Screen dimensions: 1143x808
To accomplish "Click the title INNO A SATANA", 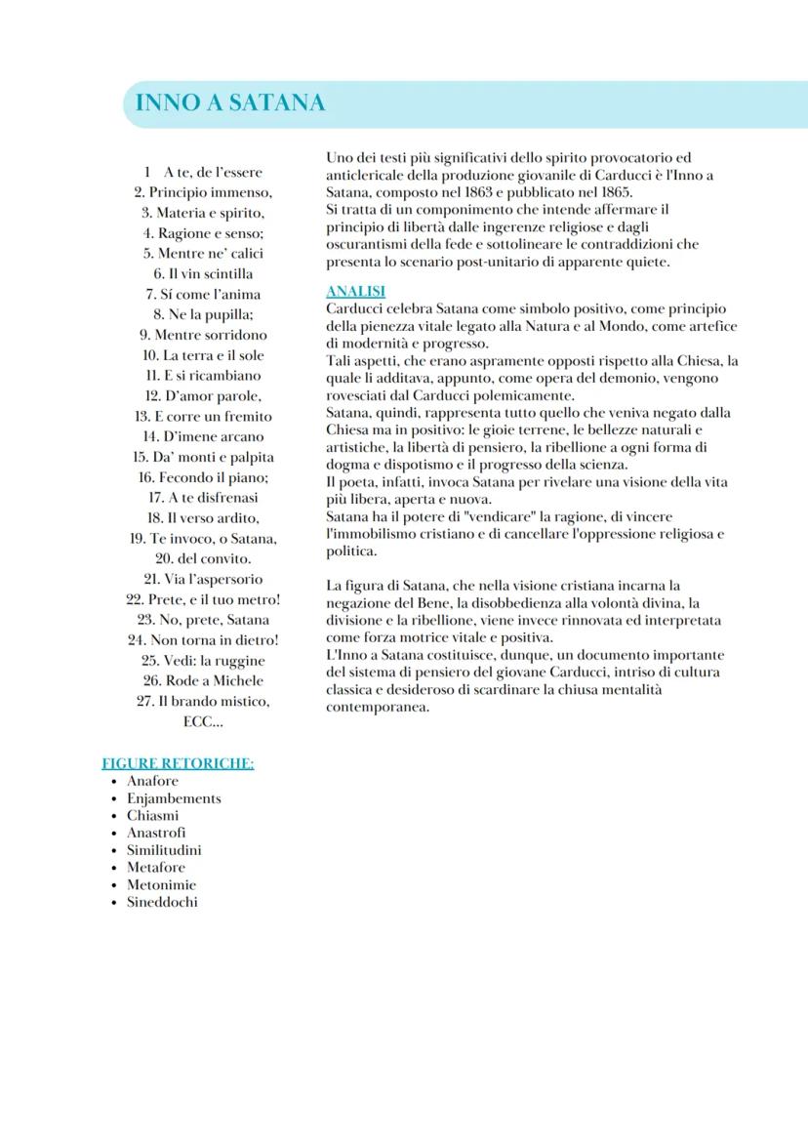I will pyautogui.click(x=230, y=103).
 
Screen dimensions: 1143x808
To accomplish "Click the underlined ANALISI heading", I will pyautogui.click(x=355, y=291).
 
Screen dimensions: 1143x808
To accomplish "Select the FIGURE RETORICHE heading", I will pyautogui.click(x=178, y=763).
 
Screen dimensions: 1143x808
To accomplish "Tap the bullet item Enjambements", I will pyautogui.click(x=174, y=798).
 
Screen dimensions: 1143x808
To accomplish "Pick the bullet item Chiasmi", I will pyautogui.click(x=152, y=816).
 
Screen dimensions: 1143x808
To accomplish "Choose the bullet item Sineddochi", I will pyautogui.click(x=162, y=902).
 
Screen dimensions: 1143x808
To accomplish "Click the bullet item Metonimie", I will pyautogui.click(x=161, y=885).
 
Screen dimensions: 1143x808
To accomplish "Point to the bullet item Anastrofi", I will pyautogui.click(x=156, y=833).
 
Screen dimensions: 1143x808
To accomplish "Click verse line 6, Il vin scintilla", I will pyautogui.click(x=203, y=273).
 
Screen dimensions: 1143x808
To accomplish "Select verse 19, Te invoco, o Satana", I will pyautogui.click(x=203, y=538).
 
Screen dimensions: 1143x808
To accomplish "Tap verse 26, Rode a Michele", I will pyautogui.click(x=203, y=680).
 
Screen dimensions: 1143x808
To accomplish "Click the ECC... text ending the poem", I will pyautogui.click(x=203, y=722).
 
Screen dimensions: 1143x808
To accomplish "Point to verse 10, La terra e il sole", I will pyautogui.click(x=203, y=355).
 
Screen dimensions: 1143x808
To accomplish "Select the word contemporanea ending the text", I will pyautogui.click(x=378, y=707).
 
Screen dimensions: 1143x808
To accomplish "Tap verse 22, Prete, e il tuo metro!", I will pyautogui.click(x=203, y=599).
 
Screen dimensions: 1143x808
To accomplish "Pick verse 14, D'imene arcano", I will pyautogui.click(x=203, y=436).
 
